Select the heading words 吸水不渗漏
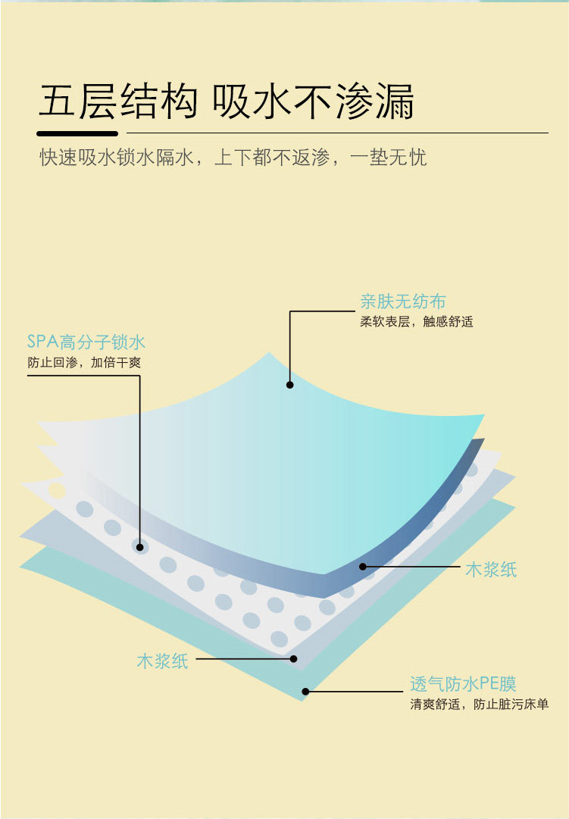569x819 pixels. [x=314, y=102]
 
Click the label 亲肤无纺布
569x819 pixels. [x=403, y=302]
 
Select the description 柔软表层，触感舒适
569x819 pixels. [x=416, y=321]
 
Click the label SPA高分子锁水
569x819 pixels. [x=86, y=342]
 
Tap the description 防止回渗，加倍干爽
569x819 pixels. [x=84, y=362]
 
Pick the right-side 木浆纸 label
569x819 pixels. [x=491, y=570]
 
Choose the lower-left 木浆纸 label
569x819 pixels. [x=162, y=661]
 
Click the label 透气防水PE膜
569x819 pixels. [x=463, y=685]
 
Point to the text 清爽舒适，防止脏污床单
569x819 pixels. [x=479, y=705]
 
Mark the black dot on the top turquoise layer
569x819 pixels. [x=289, y=385]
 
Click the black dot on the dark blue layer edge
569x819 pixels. [x=363, y=565]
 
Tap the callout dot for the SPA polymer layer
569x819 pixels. [x=139, y=545]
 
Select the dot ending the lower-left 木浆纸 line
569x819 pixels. [x=294, y=660]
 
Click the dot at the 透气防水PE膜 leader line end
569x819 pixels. [x=305, y=691]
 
